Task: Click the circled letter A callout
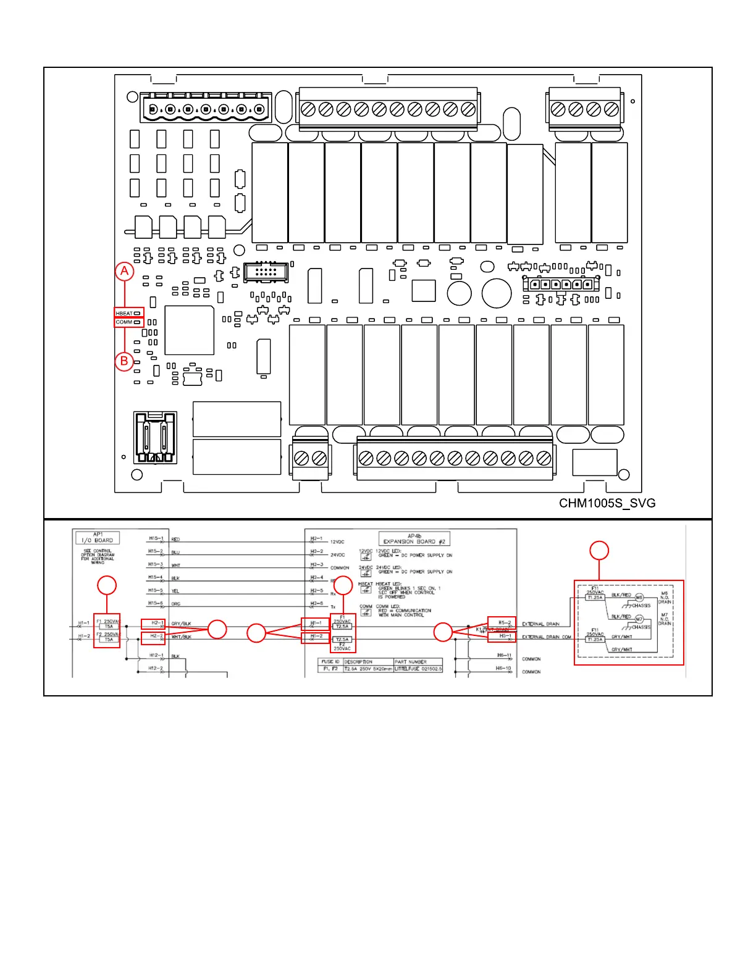pyautogui.click(x=125, y=271)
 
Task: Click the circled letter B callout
pyautogui.click(x=124, y=361)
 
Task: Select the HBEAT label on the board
pyautogui.click(x=124, y=313)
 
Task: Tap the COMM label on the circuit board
pyautogui.click(x=124, y=322)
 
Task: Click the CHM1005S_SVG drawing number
pyautogui.click(x=607, y=503)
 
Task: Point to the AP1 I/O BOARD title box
pyautogui.click(x=97, y=537)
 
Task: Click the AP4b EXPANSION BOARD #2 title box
pyautogui.click(x=414, y=538)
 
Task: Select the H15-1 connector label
pyautogui.click(x=155, y=538)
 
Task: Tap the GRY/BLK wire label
pyautogui.click(x=182, y=624)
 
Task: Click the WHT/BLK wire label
pyautogui.click(x=182, y=637)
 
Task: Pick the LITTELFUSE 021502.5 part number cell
pyautogui.click(x=418, y=669)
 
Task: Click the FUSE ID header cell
pyautogui.click(x=330, y=661)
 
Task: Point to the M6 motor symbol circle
pyautogui.click(x=639, y=598)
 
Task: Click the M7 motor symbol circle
pyautogui.click(x=639, y=619)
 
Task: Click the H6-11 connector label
pyautogui.click(x=504, y=655)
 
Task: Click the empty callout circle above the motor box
pyautogui.click(x=599, y=550)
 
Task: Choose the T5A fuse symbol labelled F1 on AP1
pyautogui.click(x=109, y=626)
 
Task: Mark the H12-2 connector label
pyautogui.click(x=155, y=668)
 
